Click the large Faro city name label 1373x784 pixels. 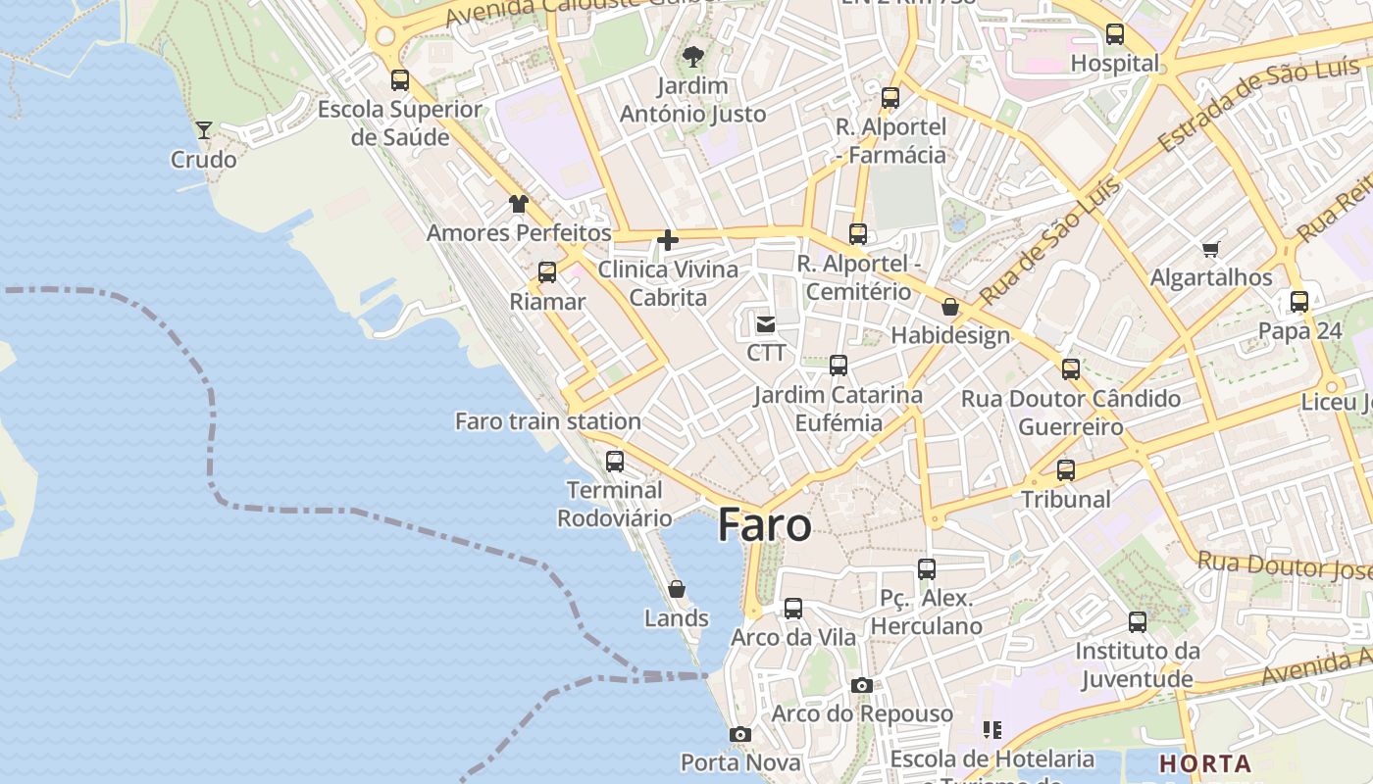pyautogui.click(x=764, y=526)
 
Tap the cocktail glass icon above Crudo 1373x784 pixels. pyautogui.click(x=204, y=129)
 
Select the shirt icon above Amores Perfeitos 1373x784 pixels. pyautogui.click(x=518, y=204)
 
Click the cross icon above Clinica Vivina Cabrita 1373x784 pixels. pyautogui.click(x=668, y=240)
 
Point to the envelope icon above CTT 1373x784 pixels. pyautogui.click(x=765, y=323)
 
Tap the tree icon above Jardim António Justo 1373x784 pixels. pyautogui.click(x=693, y=57)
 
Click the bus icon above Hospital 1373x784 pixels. pyautogui.click(x=1115, y=34)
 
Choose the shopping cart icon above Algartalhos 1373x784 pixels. pyautogui.click(x=1210, y=249)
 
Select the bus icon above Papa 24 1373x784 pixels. pyautogui.click(x=1299, y=302)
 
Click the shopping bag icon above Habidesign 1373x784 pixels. pyautogui.click(x=949, y=307)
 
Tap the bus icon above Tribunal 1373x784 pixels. pyautogui.click(x=1066, y=469)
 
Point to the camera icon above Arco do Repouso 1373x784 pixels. pyautogui.click(x=862, y=685)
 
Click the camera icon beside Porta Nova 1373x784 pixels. pyautogui.click(x=740, y=734)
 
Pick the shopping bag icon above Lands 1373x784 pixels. pyautogui.click(x=677, y=589)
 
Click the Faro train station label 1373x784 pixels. pyautogui.click(x=547, y=421)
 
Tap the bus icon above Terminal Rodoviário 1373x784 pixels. pyautogui.click(x=615, y=461)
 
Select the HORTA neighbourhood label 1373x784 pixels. pyautogui.click(x=1204, y=763)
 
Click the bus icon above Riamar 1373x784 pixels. pyautogui.click(x=547, y=272)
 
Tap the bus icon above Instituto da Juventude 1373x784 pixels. pyautogui.click(x=1138, y=621)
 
